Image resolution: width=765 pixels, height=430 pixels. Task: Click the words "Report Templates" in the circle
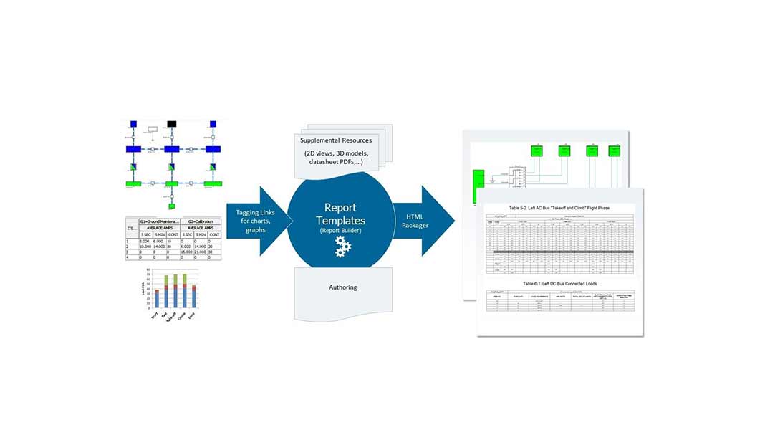click(x=340, y=214)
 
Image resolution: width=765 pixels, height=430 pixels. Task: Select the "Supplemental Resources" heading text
click(x=336, y=140)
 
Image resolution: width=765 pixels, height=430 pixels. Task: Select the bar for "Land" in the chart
click(x=194, y=297)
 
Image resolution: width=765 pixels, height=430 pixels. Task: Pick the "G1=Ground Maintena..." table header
click(x=160, y=221)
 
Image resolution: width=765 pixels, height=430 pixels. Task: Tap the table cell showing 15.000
click(x=188, y=252)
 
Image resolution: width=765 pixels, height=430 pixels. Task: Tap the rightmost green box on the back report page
click(x=614, y=151)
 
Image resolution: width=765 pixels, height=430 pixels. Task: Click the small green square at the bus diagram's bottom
click(x=171, y=206)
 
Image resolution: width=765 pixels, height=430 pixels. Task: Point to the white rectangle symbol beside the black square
click(x=152, y=130)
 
